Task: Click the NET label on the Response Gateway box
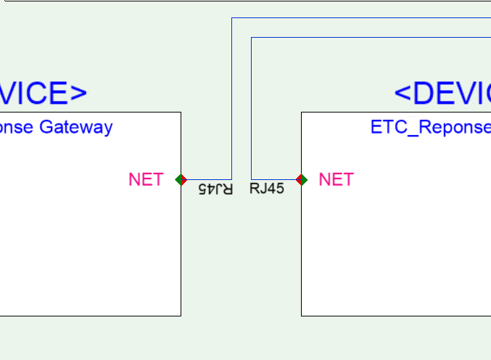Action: point(146,179)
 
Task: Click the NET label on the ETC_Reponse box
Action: point(336,179)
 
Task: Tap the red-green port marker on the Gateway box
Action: point(181,179)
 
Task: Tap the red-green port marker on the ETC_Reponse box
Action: point(302,179)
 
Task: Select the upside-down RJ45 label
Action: point(215,189)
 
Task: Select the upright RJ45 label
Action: point(267,189)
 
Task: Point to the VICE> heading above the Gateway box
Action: point(44,93)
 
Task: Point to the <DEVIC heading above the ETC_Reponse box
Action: point(442,93)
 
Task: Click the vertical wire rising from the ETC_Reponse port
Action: point(251,109)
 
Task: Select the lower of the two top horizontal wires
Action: point(371,37)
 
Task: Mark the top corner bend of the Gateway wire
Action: point(231,17)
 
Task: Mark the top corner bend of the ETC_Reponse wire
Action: point(251,37)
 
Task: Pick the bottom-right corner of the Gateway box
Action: point(181,316)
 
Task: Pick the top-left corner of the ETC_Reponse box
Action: point(301,112)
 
